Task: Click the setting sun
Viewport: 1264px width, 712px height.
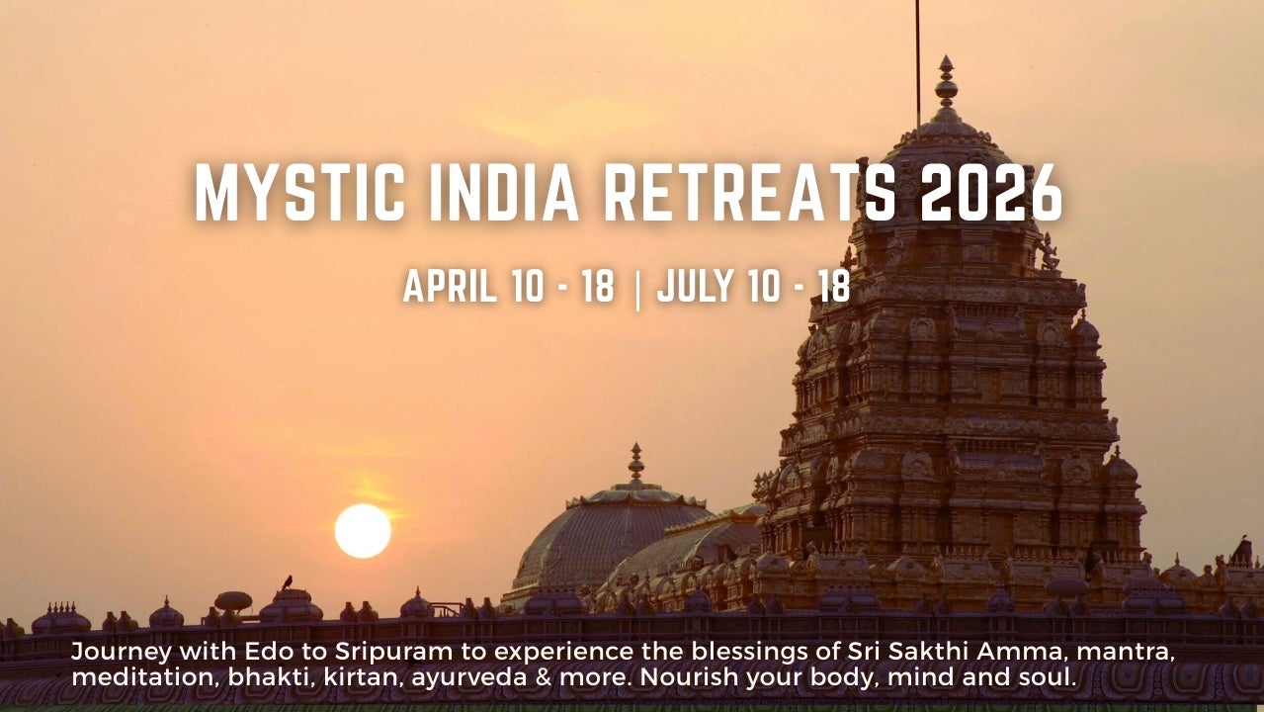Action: pyautogui.click(x=363, y=531)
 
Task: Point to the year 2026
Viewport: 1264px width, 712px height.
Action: pyautogui.click(x=991, y=192)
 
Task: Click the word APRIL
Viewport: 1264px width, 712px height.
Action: pyautogui.click(x=447, y=286)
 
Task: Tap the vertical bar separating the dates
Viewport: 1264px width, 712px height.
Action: pyautogui.click(x=636, y=289)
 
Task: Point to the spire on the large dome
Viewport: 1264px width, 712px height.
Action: pyautogui.click(x=635, y=463)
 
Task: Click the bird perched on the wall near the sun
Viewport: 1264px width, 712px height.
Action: pyautogui.click(x=288, y=582)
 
